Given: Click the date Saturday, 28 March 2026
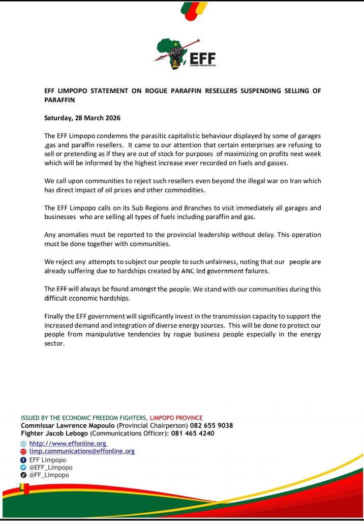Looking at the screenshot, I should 82,118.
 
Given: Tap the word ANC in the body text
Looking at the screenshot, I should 188,271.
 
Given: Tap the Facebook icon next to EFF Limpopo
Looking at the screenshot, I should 23,460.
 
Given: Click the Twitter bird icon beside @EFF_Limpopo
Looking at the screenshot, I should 23,468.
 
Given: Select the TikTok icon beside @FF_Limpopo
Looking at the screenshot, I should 23,475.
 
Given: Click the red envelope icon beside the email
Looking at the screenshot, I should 23,452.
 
